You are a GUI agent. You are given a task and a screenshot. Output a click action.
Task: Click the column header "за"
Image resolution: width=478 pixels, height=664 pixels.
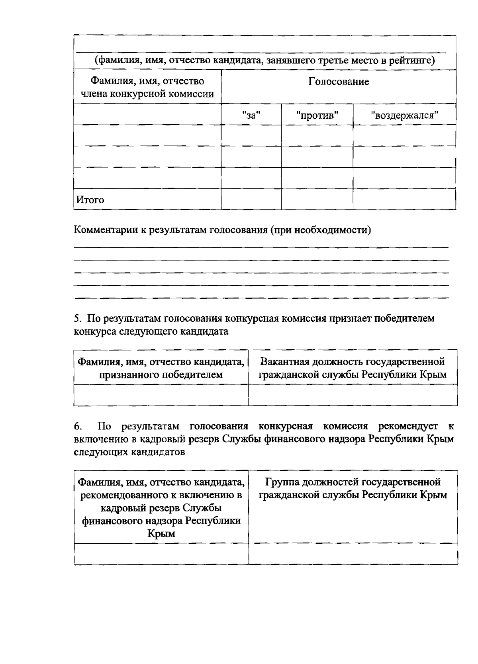pos(251,116)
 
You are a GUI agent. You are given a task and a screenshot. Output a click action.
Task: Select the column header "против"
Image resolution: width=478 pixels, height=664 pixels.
pos(317,116)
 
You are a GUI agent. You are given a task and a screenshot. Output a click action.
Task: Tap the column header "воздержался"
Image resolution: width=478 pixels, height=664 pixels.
pos(404,116)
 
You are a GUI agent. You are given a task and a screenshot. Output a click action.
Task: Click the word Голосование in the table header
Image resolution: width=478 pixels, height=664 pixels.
pos(339,82)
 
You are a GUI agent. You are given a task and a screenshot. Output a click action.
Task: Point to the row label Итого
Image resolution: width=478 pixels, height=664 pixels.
pos(90,200)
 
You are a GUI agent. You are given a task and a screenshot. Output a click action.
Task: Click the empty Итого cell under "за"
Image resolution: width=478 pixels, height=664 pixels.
pos(251,199)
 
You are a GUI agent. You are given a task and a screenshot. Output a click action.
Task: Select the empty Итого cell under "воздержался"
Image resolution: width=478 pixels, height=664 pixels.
pos(404,199)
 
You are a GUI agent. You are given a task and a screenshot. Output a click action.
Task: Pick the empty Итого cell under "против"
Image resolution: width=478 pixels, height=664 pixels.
pos(317,199)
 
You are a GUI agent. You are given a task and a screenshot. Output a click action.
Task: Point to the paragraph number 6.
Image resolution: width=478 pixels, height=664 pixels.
pos(78,427)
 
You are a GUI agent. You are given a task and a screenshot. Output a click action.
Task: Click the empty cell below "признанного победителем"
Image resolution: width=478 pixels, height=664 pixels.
pos(161,395)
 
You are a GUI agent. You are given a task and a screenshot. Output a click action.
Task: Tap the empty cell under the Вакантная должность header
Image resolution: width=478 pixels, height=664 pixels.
pos(353,395)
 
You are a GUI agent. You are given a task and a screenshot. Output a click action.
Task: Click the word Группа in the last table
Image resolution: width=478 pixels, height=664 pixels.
pos(282,482)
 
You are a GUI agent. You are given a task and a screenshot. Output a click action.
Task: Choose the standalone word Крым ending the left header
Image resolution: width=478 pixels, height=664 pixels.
pos(161,534)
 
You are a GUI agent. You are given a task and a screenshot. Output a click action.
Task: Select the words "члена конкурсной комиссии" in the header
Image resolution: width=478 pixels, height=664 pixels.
pos(147,94)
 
